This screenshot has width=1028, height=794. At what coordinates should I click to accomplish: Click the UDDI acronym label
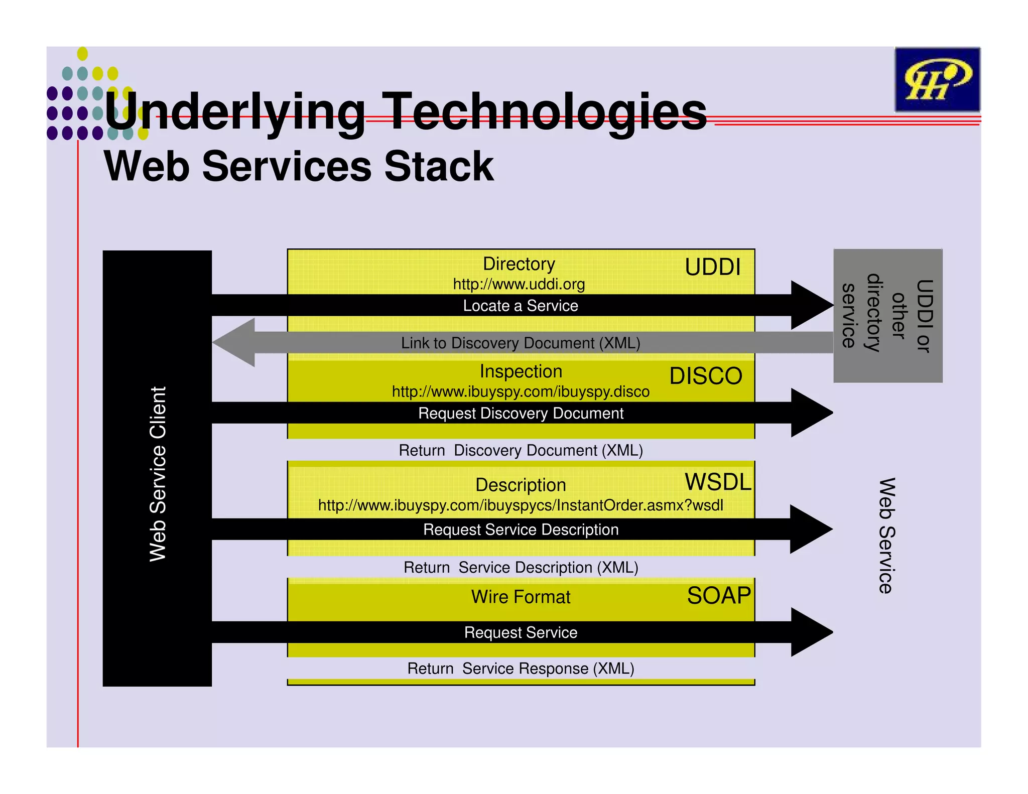tap(713, 267)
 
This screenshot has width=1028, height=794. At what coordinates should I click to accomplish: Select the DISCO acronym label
tap(705, 376)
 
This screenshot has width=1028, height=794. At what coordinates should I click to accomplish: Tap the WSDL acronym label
tap(718, 482)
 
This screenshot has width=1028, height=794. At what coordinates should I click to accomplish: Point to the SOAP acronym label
tap(719, 596)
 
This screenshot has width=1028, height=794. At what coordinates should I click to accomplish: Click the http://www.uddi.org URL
tap(519, 284)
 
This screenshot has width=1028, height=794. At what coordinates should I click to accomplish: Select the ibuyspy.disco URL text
tap(521, 391)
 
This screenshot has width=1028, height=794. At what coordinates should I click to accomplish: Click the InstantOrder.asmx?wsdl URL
tap(521, 505)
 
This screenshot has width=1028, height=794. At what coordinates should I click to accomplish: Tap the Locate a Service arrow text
tap(521, 306)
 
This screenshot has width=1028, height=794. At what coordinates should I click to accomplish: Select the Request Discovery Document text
tap(521, 413)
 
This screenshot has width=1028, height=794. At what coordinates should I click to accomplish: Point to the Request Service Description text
tap(521, 530)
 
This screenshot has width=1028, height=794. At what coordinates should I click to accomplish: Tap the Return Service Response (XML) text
tap(521, 669)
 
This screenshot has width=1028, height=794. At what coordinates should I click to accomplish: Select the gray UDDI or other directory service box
tap(887, 315)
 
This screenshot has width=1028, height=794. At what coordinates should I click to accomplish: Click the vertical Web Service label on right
tap(887, 536)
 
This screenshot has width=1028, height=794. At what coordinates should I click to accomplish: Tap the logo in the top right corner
tap(937, 80)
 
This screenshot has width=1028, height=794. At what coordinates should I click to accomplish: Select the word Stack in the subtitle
tap(439, 167)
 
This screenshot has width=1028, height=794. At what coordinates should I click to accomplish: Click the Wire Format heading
tap(521, 597)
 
